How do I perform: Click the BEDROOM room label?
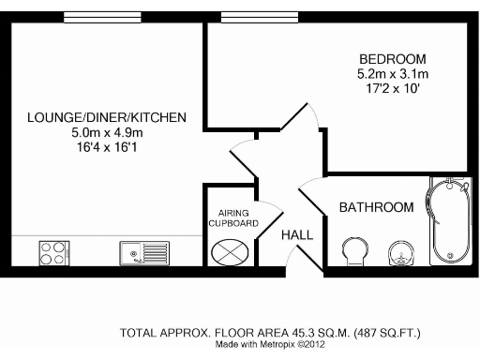[392, 58]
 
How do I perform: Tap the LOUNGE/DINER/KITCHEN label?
[106, 117]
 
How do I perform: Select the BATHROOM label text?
[376, 207]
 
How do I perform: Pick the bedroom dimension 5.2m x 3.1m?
[392, 74]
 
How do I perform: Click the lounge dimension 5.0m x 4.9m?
[106, 133]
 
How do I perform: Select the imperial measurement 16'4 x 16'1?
[106, 148]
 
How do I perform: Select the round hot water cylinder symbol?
[232, 251]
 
